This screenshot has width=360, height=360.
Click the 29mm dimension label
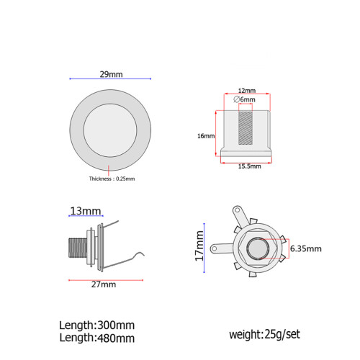point(111,74)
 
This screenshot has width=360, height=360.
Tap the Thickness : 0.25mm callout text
point(112,179)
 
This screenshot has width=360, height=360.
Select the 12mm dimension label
point(247,91)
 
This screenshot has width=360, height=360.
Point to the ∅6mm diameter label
point(244,99)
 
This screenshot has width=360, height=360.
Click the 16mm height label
point(206,136)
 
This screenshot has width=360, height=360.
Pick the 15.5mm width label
point(249,166)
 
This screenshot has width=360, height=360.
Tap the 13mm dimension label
point(86,211)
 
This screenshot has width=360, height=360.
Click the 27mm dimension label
point(104,284)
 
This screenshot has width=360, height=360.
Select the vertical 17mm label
point(199,246)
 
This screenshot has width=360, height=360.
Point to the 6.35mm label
point(306,248)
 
